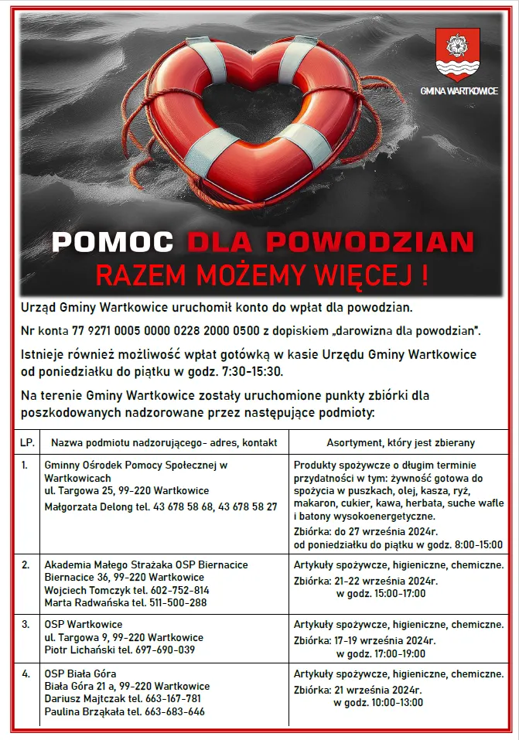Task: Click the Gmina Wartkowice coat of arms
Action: tap(458, 55)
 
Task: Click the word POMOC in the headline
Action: tap(112, 242)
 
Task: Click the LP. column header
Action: tap(27, 442)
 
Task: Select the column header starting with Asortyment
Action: tap(401, 442)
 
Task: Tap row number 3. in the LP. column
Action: tap(26, 624)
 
